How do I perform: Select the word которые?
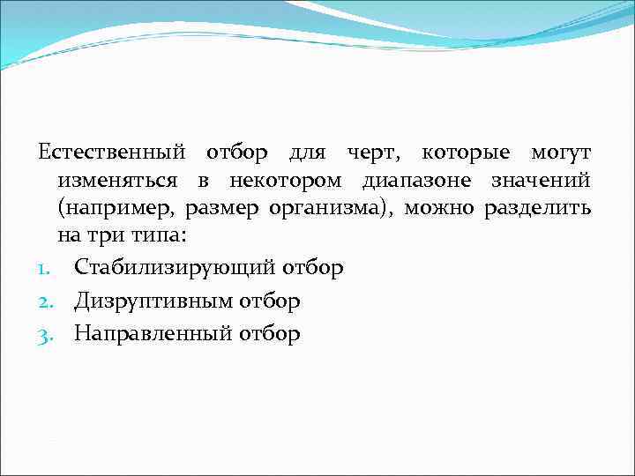[466, 154]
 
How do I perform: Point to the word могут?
[561, 154]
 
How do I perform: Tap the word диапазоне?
[412, 182]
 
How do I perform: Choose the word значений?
[538, 182]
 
